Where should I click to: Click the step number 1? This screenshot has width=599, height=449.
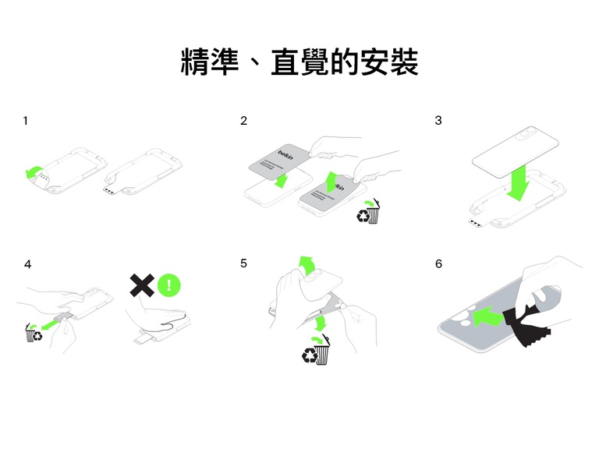point(27,121)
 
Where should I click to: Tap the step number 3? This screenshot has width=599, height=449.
point(438,121)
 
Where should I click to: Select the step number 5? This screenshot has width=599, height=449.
point(244,263)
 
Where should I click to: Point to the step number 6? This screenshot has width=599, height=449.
point(438,264)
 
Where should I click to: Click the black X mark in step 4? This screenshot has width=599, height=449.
point(140,285)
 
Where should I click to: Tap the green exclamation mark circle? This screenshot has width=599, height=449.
point(168,285)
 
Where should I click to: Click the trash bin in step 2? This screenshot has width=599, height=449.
point(370,212)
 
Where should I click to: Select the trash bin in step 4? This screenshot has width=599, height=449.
point(34,334)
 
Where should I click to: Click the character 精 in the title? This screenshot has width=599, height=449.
point(198,62)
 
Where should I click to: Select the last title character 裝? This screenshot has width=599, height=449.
point(400,62)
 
